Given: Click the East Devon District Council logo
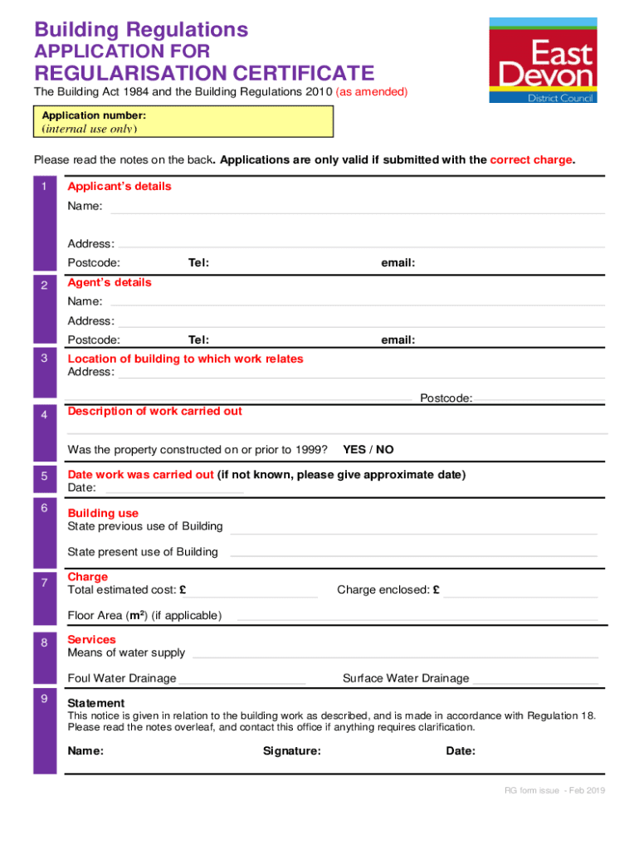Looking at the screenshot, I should click(543, 60).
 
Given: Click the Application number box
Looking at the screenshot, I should click(183, 121).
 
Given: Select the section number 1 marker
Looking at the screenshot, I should click(45, 187).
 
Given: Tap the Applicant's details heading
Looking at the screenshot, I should click(120, 187).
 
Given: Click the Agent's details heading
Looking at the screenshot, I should click(110, 283).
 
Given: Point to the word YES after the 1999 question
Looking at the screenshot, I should click(354, 450).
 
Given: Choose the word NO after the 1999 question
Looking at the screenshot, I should click(384, 450).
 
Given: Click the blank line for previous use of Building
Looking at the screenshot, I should click(413, 531).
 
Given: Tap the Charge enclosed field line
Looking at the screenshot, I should click(519, 594).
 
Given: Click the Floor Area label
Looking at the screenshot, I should click(144, 616).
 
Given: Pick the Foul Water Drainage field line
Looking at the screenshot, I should click(242, 682).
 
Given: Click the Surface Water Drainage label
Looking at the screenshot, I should click(406, 679).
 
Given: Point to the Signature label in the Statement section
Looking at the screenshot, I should click(292, 751).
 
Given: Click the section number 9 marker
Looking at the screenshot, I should click(45, 699).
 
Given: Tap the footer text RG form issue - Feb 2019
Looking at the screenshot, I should click(555, 790).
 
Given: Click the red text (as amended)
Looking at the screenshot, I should click(371, 92).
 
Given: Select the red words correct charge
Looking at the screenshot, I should click(531, 160).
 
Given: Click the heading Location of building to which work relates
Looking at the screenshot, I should click(185, 359).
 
